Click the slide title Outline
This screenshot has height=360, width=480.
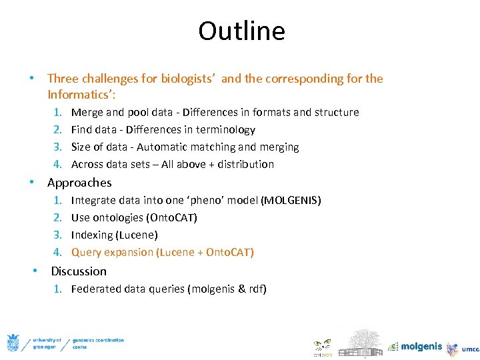point(241,31)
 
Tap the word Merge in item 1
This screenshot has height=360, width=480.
point(87,112)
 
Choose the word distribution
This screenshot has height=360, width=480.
point(245,164)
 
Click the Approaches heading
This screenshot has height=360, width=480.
point(79,182)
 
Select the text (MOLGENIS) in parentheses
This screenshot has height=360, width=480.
point(291,200)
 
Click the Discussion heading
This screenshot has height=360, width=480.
point(79,271)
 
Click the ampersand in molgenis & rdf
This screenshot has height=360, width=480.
point(241,289)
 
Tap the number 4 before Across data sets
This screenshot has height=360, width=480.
point(58,164)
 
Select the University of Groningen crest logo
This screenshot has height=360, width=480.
point(13,343)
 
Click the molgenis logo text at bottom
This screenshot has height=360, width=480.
point(421,347)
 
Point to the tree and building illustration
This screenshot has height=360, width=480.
point(359,341)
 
